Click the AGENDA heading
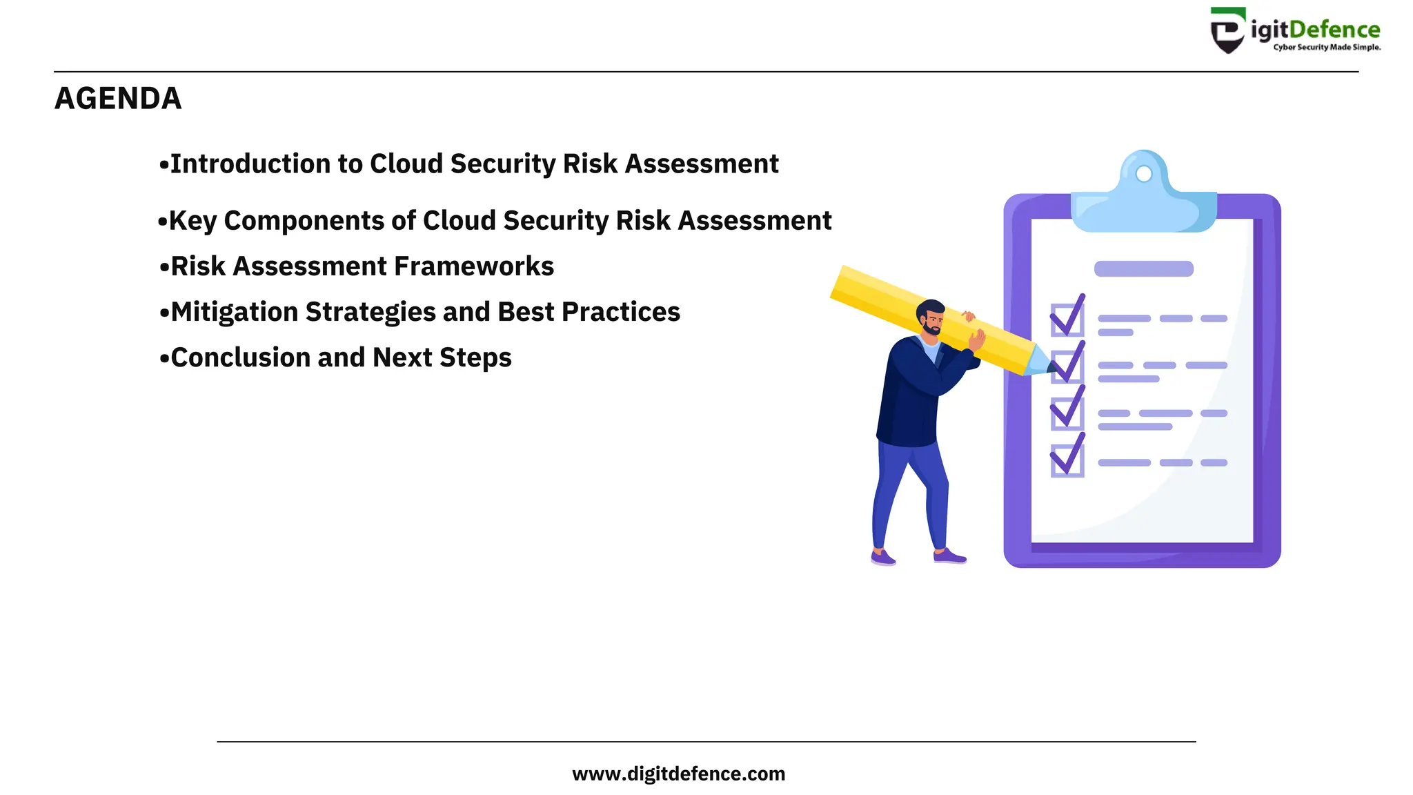click(118, 99)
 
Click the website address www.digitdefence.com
click(678, 774)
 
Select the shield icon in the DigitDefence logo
click(1228, 31)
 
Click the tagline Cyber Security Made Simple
click(1327, 48)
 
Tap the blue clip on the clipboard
click(1143, 200)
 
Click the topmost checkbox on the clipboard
click(1067, 320)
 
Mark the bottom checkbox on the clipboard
click(1067, 460)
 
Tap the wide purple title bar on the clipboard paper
click(1143, 268)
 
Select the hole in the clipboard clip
click(1143, 173)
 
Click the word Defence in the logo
click(1334, 30)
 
